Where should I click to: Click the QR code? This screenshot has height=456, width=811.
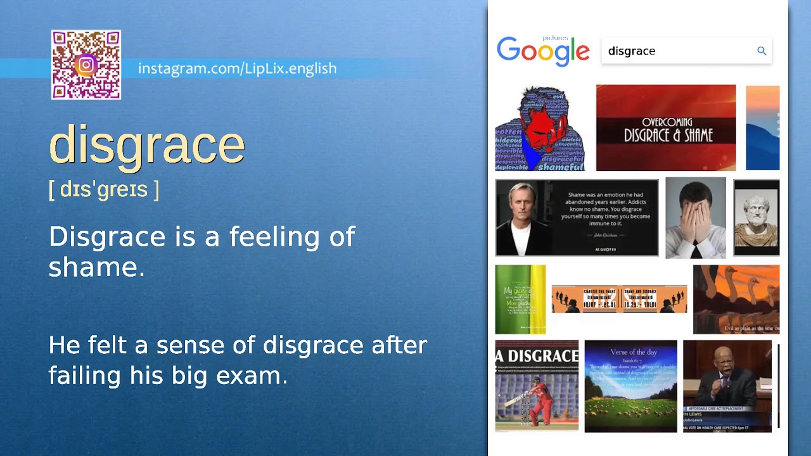pos(86,65)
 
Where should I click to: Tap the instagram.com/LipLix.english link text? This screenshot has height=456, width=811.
pos(237,68)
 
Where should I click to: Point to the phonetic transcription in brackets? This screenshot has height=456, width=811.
pos(104,189)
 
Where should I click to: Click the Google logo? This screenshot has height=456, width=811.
pos(543,51)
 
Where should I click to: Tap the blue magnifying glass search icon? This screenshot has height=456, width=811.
pos(762,51)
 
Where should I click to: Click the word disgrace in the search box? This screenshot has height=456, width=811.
pos(632,51)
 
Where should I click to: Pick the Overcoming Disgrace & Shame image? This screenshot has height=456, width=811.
pos(666,128)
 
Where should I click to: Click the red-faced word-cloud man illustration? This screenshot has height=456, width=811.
pos(540,129)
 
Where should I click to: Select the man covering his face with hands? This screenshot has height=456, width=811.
pos(696,218)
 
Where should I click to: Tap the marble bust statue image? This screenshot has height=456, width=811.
pos(757,218)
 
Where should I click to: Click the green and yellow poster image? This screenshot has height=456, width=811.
pos(520,300)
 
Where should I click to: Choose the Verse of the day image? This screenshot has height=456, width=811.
pos(630,386)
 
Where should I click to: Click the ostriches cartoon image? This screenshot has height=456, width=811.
pos(736,300)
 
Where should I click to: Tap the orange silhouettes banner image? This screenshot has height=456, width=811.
pos(619,299)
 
